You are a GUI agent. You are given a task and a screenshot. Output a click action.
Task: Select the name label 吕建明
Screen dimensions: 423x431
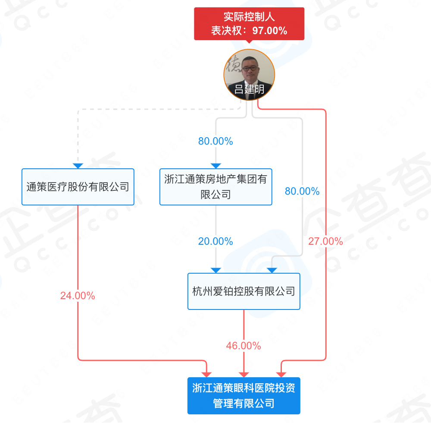249,89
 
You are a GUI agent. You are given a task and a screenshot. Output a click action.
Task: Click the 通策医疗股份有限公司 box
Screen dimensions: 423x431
78,187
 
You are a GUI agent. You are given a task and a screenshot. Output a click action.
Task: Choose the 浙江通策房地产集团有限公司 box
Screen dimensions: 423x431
216,187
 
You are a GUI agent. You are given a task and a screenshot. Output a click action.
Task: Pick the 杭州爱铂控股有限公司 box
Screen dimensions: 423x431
244,291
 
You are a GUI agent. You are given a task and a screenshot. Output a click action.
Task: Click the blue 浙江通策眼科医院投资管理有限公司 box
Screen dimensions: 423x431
244,395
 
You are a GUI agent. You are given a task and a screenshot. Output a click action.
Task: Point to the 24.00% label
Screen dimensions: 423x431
78,296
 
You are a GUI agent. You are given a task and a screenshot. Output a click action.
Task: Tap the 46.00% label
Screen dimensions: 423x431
244,346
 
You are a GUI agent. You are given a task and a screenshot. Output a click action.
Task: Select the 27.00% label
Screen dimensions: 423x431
325,241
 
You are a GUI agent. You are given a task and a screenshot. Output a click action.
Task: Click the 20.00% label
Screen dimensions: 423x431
215,241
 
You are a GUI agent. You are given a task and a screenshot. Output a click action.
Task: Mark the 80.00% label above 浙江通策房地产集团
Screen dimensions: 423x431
215,141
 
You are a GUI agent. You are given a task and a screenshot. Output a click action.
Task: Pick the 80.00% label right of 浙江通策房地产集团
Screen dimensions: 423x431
302,191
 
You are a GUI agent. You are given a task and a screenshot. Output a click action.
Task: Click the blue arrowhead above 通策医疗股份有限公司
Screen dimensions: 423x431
78,166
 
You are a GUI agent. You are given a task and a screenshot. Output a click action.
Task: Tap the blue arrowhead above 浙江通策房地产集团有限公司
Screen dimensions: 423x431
216,166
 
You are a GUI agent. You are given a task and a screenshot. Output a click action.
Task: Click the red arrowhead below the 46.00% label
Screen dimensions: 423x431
244,374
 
